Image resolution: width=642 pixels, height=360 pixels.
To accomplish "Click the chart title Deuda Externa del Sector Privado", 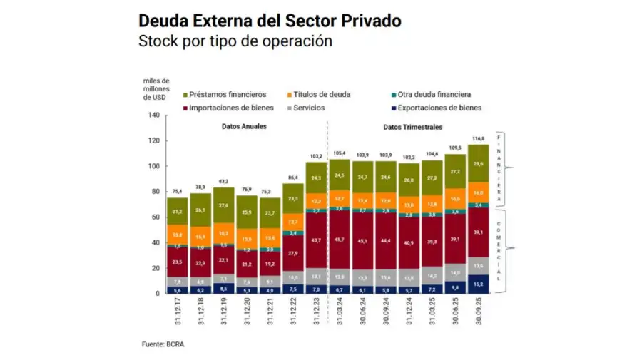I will [x=269, y=21].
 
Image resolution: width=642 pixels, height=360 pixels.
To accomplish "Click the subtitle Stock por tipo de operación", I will [x=235, y=41].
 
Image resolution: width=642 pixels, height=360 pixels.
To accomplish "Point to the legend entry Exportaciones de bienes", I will [x=439, y=108].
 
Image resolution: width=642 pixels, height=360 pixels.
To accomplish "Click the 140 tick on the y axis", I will [x=154, y=115].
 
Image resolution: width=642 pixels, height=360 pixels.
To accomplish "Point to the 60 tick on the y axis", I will [x=156, y=217].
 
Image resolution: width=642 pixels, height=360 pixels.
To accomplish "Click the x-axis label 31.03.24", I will [x=340, y=312].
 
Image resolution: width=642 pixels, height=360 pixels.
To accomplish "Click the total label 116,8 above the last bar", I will [x=479, y=138].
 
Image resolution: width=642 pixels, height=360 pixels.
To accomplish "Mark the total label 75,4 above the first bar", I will [x=176, y=191].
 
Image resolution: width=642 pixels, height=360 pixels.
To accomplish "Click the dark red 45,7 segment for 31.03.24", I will [x=340, y=240].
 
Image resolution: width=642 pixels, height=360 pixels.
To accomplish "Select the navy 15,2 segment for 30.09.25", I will [x=479, y=284].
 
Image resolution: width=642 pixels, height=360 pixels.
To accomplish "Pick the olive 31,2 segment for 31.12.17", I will [x=176, y=211].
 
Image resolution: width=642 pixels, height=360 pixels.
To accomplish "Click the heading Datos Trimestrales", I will [x=412, y=127].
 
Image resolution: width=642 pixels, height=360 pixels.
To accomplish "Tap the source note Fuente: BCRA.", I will [x=163, y=344].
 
